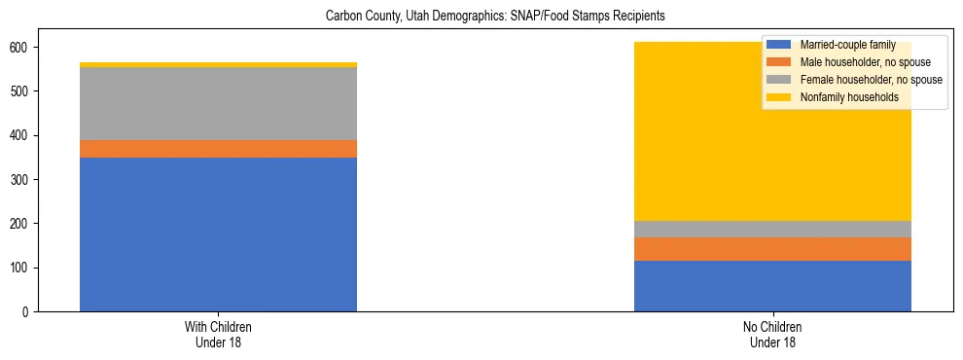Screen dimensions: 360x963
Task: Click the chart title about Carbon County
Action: pyautogui.click(x=481, y=17)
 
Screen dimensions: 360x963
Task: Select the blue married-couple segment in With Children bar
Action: pyautogui.click(x=218, y=234)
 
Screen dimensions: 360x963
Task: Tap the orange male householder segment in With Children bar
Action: pyautogui.click(x=218, y=149)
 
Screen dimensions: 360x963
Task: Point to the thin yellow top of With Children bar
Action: pyautogui.click(x=218, y=65)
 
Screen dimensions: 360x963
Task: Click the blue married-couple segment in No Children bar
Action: pyautogui.click(x=772, y=286)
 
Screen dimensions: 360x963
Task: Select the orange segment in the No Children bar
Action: pyautogui.click(x=772, y=249)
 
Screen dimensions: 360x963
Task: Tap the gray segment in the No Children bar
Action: pyautogui.click(x=772, y=229)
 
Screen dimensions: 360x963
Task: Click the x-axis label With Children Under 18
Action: pyautogui.click(x=218, y=334)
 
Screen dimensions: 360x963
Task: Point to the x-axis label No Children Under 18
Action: pyautogui.click(x=772, y=334)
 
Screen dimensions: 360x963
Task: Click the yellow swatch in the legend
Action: pyautogui.click(x=779, y=97)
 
